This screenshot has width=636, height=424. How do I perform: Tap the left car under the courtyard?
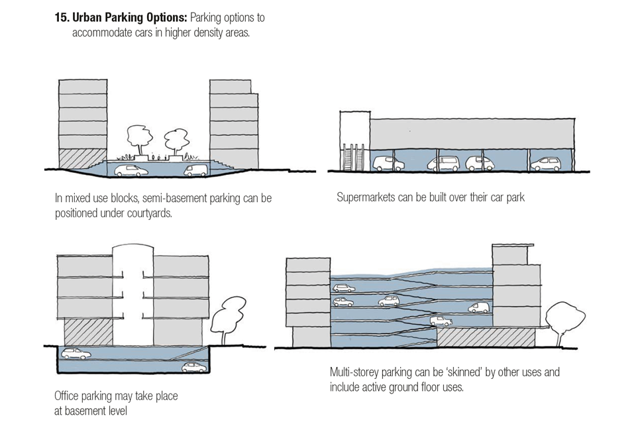coord(131,170)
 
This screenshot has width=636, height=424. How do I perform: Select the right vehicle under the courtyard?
coord(196,170)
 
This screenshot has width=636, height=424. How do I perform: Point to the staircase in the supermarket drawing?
coord(350,159)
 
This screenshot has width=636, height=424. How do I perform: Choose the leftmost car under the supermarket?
coord(384,163)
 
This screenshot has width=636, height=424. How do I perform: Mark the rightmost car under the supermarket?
coord(547,163)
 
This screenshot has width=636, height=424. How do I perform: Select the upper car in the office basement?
coord(76,354)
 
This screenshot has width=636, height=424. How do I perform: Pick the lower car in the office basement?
coord(194,367)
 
